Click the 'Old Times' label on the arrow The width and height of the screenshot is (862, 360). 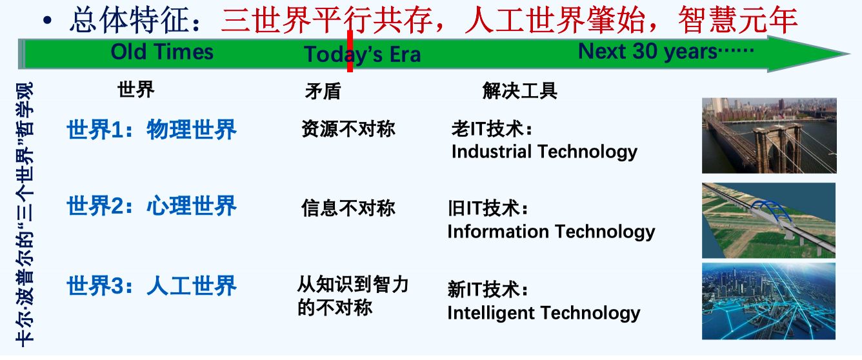(161, 52)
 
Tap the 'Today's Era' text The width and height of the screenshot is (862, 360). (362, 54)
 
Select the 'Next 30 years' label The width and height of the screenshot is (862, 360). (666, 51)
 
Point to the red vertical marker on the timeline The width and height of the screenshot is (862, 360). (350, 51)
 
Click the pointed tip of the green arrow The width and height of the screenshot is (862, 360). (850, 54)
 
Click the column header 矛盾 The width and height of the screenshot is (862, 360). (323, 92)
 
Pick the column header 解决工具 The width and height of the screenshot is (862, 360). (519, 91)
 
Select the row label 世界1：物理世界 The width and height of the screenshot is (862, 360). (152, 130)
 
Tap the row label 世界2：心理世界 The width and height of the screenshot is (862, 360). (152, 206)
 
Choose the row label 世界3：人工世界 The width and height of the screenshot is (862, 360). (152, 286)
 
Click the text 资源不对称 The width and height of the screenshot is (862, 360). (348, 129)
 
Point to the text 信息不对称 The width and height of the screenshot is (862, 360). (348, 208)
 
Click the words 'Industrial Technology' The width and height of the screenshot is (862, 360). (545, 152)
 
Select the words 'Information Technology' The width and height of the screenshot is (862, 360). (551, 232)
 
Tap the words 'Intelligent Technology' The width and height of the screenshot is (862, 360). (544, 313)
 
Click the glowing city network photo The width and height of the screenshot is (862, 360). (768, 301)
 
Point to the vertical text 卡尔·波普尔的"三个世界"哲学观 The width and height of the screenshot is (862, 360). (25, 214)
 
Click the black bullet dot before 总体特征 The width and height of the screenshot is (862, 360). (47, 21)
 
